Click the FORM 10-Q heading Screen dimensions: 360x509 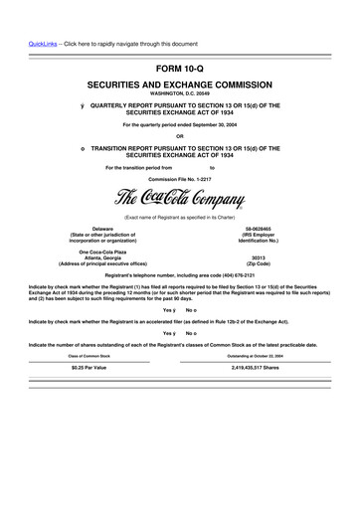pyautogui.click(x=180, y=68)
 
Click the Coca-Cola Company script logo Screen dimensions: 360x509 pyautogui.click(x=180, y=195)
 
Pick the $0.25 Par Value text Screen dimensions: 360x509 pyautogui.click(x=94, y=395)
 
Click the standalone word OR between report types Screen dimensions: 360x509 pyautogui.click(x=180, y=136)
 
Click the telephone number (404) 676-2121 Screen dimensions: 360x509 pyautogui.click(x=237, y=273)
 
